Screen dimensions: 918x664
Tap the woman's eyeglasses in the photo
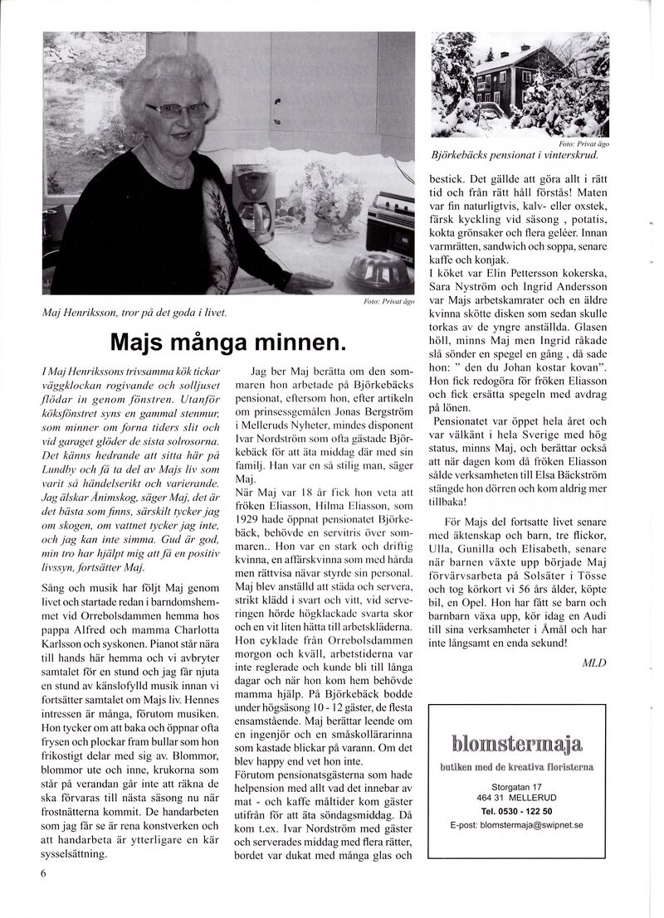tap(178, 110)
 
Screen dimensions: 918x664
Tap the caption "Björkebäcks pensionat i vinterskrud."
tap(515, 155)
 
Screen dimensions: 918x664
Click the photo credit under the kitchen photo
tap(388, 302)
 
